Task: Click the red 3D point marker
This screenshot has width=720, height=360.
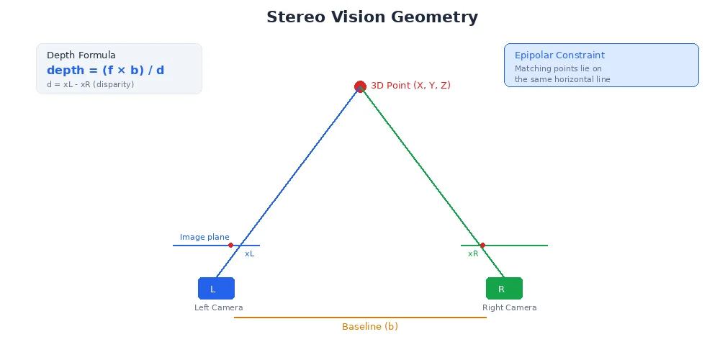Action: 360,86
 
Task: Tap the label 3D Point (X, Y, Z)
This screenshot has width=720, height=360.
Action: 410,86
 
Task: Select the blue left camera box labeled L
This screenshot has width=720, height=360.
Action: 216,288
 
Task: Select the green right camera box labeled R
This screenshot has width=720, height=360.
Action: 504,288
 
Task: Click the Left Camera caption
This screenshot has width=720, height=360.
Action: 218,308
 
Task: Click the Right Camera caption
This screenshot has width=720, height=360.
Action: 509,308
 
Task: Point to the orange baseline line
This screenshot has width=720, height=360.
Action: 360,318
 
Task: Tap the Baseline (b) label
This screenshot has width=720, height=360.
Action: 369,327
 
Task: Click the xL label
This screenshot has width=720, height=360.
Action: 249,254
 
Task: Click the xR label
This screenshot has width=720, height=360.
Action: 473,254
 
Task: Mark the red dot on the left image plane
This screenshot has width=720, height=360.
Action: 230,246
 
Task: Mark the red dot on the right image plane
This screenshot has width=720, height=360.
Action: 482,246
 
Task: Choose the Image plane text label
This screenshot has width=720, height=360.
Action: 204,238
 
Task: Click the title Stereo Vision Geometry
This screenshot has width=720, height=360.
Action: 372,17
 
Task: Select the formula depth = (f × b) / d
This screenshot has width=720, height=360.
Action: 105,71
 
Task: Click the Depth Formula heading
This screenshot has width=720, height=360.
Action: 81,55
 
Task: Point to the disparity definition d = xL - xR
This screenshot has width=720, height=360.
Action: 85,85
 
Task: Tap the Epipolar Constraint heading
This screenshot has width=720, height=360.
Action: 559,55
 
